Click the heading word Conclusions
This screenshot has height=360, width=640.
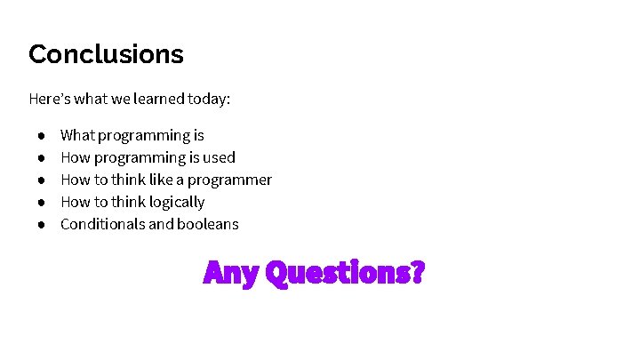tap(106, 54)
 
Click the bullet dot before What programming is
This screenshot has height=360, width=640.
tap(41, 136)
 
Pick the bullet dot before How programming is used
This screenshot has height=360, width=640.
tap(41, 158)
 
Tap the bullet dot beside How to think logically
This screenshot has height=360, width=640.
tap(41, 203)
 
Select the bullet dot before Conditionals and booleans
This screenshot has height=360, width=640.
tap(41, 225)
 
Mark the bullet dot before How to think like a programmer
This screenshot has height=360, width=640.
tap(41, 180)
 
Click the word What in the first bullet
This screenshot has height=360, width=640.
tap(77, 135)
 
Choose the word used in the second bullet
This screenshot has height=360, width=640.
tap(219, 157)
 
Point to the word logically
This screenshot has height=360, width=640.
tap(176, 203)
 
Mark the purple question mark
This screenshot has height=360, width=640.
tap(415, 271)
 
